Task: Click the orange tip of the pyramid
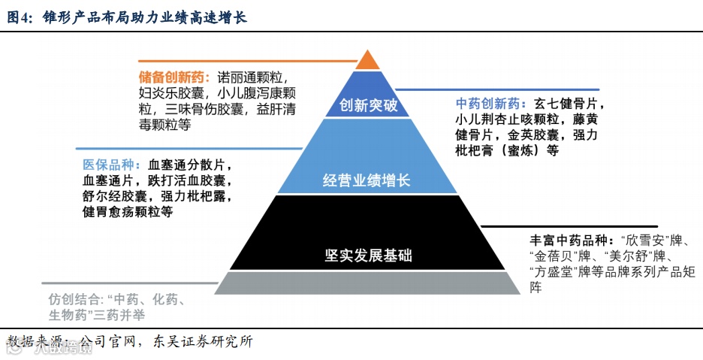pyautogui.click(x=367, y=60)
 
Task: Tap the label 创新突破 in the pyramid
pyautogui.click(x=367, y=106)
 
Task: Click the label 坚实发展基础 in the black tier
pyautogui.click(x=367, y=255)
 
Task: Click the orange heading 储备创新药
pyautogui.click(x=172, y=77)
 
